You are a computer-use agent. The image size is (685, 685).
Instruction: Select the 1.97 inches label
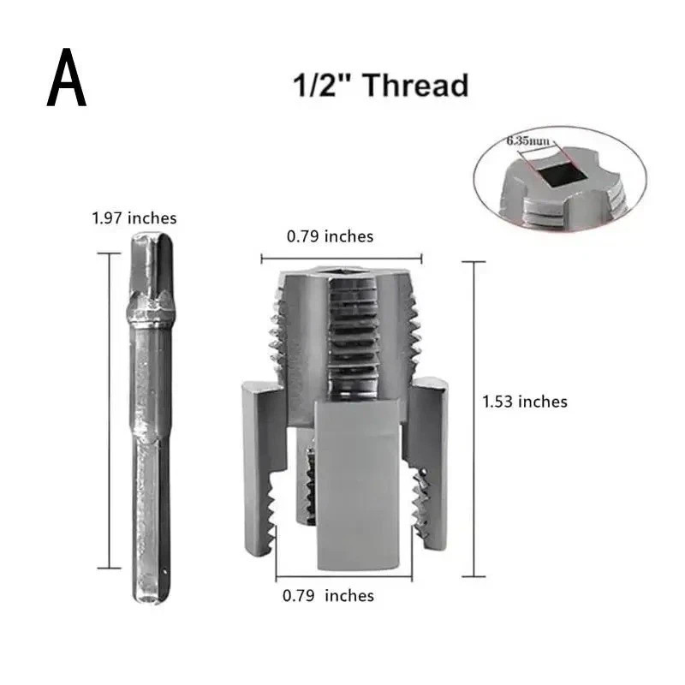(134, 218)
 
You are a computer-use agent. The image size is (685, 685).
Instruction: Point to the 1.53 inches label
(525, 401)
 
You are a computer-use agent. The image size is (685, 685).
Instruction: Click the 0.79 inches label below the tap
(329, 595)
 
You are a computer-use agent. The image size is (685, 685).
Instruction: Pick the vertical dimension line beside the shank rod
(109, 411)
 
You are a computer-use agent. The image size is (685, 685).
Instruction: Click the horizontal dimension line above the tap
(342, 257)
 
